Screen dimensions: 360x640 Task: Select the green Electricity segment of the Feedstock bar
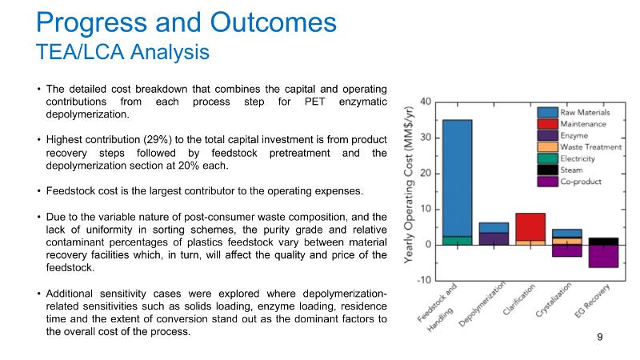pyautogui.click(x=457, y=240)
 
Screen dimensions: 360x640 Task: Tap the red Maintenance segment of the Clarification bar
pyautogui.click(x=530, y=226)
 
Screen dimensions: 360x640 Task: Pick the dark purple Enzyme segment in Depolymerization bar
pyautogui.click(x=494, y=238)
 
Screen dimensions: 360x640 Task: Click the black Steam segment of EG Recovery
pyautogui.click(x=604, y=241)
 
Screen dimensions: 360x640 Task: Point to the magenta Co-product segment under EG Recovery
pyautogui.click(x=604, y=256)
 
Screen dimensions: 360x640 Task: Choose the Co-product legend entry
pyautogui.click(x=582, y=182)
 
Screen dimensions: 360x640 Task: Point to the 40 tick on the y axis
pyautogui.click(x=426, y=102)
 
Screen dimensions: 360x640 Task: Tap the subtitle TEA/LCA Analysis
pyautogui.click(x=123, y=51)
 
